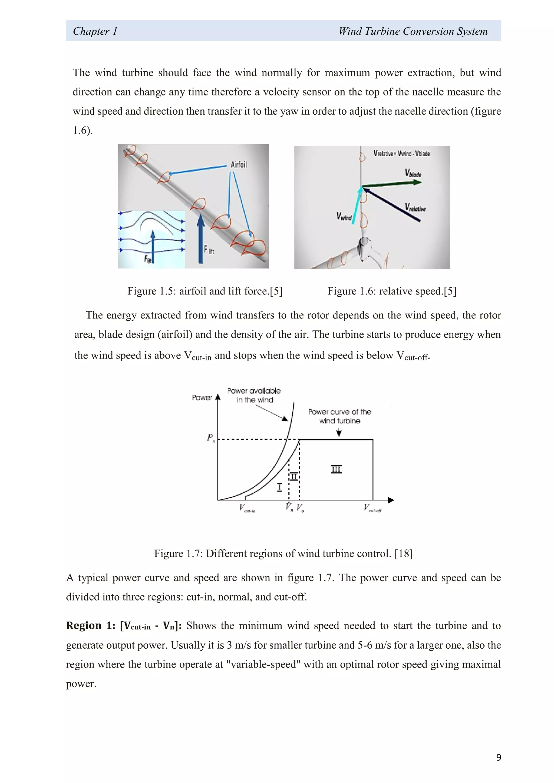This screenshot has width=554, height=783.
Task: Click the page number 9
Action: (498, 757)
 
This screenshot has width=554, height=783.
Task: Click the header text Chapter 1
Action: (95, 31)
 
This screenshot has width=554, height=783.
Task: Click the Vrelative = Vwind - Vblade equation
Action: (401, 154)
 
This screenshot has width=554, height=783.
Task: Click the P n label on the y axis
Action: (210, 438)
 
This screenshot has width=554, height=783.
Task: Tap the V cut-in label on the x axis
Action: (247, 508)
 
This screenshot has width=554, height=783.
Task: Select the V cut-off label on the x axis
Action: (372, 508)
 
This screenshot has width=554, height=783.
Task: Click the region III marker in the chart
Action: (336, 469)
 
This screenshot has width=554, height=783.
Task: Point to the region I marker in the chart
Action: (279, 487)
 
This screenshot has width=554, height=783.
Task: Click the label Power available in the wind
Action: (254, 395)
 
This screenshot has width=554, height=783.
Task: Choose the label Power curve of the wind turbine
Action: (339, 416)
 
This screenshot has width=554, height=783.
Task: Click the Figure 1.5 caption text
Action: (205, 291)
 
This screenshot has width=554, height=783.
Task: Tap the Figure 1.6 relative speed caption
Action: (392, 291)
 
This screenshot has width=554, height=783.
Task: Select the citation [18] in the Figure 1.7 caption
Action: (403, 553)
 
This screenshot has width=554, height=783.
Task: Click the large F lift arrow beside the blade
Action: (201, 239)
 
